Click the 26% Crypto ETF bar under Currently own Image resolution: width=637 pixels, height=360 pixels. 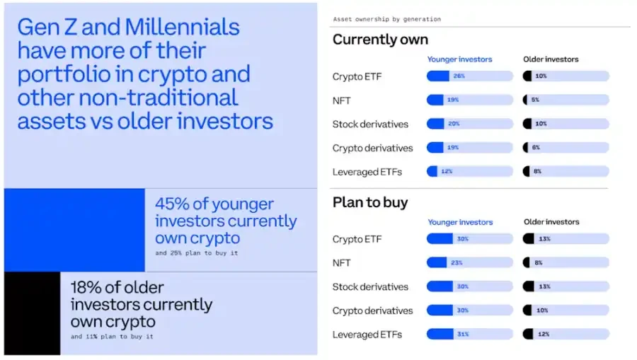pyautogui.click(x=469, y=76)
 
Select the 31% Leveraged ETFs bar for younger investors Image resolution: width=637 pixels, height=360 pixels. pyautogui.click(x=469, y=334)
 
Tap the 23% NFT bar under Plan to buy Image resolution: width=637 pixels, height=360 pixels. pyautogui.click(x=469, y=263)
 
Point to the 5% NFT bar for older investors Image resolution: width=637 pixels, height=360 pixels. pyautogui.click(x=566, y=100)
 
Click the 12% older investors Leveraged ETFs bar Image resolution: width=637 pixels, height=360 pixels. pyautogui.click(x=566, y=334)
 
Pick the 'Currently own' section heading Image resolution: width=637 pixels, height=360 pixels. pyautogui.click(x=380, y=40)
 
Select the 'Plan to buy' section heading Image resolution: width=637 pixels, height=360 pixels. pyautogui.click(x=370, y=202)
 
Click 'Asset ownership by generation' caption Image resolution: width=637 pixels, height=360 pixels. pyautogui.click(x=386, y=19)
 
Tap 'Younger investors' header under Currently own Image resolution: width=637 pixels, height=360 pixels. pyautogui.click(x=459, y=59)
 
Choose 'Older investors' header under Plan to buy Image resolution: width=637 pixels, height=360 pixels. pyautogui.click(x=551, y=222)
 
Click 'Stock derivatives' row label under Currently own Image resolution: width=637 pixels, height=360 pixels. pyautogui.click(x=370, y=124)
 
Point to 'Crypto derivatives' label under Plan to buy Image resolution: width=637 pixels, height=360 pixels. pyautogui.click(x=372, y=310)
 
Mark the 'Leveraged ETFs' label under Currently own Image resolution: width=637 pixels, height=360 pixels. pyautogui.click(x=367, y=172)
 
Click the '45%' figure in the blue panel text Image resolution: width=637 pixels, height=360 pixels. pyautogui.click(x=172, y=204)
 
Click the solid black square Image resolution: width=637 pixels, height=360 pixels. pyautogui.click(x=32, y=313)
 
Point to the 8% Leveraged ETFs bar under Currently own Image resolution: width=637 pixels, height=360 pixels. pyautogui.click(x=566, y=172)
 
